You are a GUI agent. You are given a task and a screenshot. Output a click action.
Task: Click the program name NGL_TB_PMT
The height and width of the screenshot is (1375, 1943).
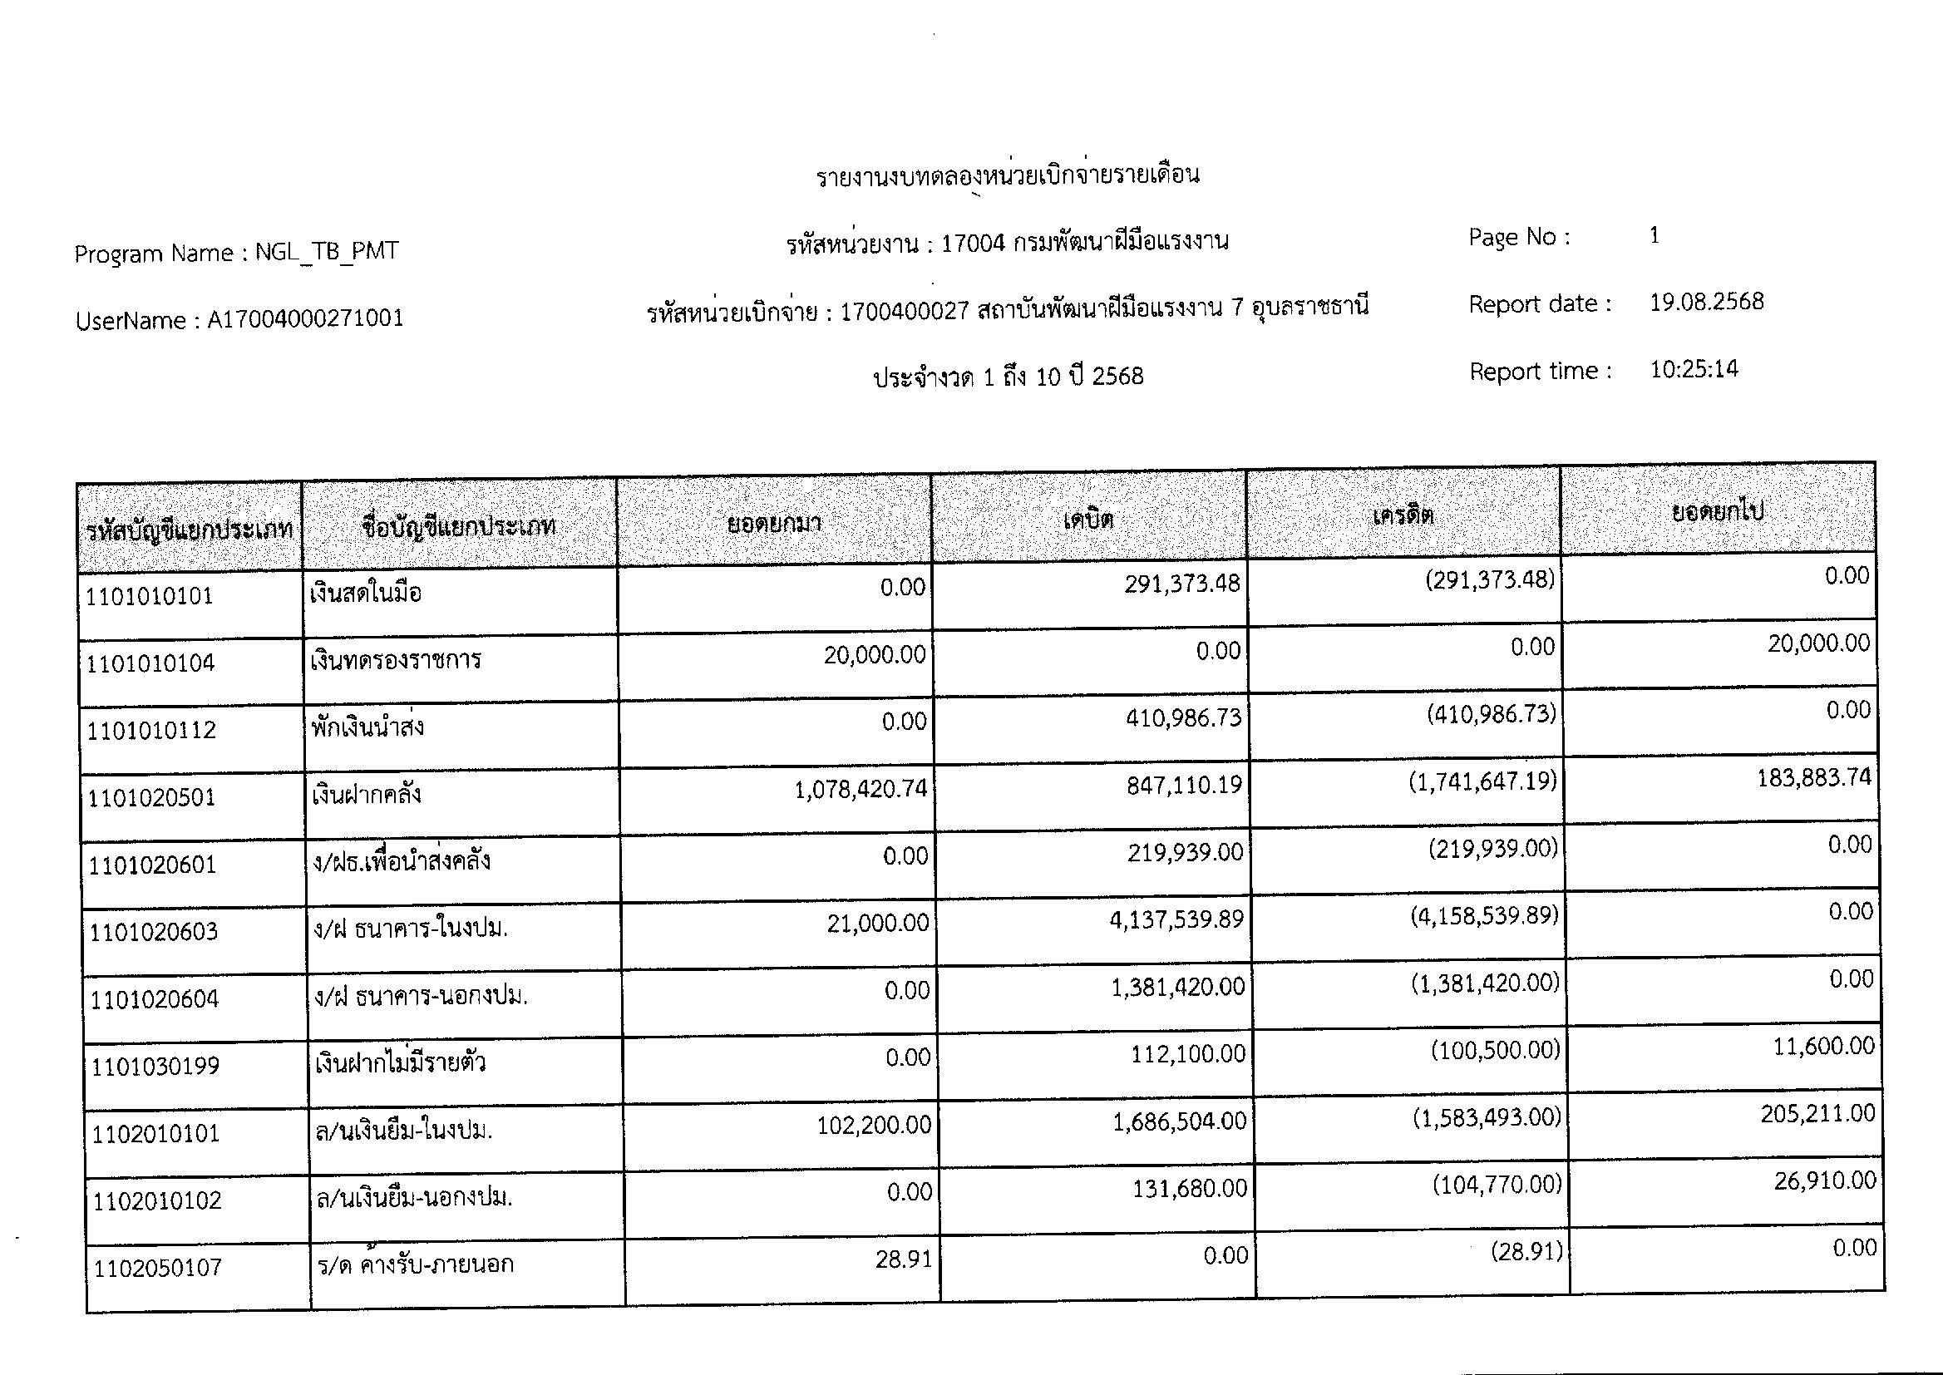tap(326, 251)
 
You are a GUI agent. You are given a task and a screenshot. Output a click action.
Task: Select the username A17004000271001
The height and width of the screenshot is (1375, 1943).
tap(306, 319)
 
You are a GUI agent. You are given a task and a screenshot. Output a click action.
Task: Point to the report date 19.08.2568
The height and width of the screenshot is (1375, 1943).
tap(1706, 302)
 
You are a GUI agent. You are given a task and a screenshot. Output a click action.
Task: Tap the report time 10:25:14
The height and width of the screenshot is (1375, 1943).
tap(1694, 369)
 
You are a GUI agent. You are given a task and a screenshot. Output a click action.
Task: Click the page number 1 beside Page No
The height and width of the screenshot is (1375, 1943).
tap(1655, 234)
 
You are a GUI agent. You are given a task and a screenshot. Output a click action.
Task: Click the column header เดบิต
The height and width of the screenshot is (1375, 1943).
tap(1088, 519)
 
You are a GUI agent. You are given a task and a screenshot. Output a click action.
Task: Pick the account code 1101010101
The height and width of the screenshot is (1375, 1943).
tap(149, 596)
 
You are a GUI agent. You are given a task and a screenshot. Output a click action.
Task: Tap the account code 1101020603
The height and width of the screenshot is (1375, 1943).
tap(153, 931)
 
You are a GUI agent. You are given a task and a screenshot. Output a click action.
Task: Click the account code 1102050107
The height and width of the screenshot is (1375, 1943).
tap(157, 1268)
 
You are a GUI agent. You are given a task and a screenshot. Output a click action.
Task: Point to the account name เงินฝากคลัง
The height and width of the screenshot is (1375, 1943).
tap(366, 794)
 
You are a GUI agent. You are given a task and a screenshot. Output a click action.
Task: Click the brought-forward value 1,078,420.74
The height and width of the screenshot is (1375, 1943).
tap(861, 789)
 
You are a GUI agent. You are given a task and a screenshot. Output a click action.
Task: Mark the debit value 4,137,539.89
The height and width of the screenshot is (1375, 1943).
tap(1176, 919)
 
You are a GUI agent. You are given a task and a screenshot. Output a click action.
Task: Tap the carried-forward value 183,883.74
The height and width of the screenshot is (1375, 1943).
tap(1813, 777)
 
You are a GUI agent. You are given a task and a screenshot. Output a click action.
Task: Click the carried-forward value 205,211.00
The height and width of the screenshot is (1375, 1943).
tap(1817, 1113)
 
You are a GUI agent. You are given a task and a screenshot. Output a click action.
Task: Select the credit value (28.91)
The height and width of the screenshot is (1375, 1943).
tap(1526, 1251)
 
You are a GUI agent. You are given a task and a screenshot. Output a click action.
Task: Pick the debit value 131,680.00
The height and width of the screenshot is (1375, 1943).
tap(1190, 1189)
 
